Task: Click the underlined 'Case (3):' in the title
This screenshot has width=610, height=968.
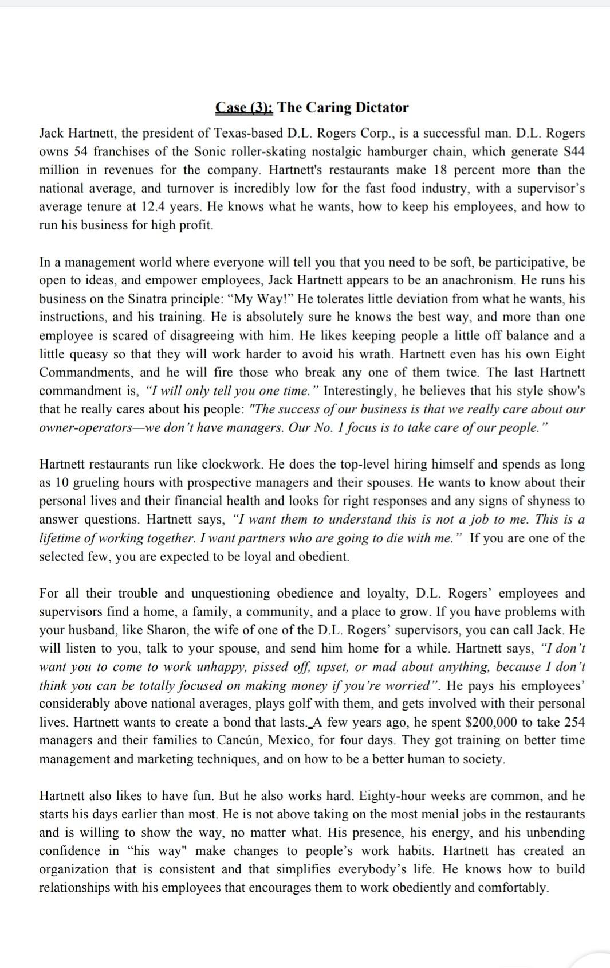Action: tap(245, 108)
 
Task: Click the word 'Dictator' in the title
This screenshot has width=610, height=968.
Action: tap(381, 108)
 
